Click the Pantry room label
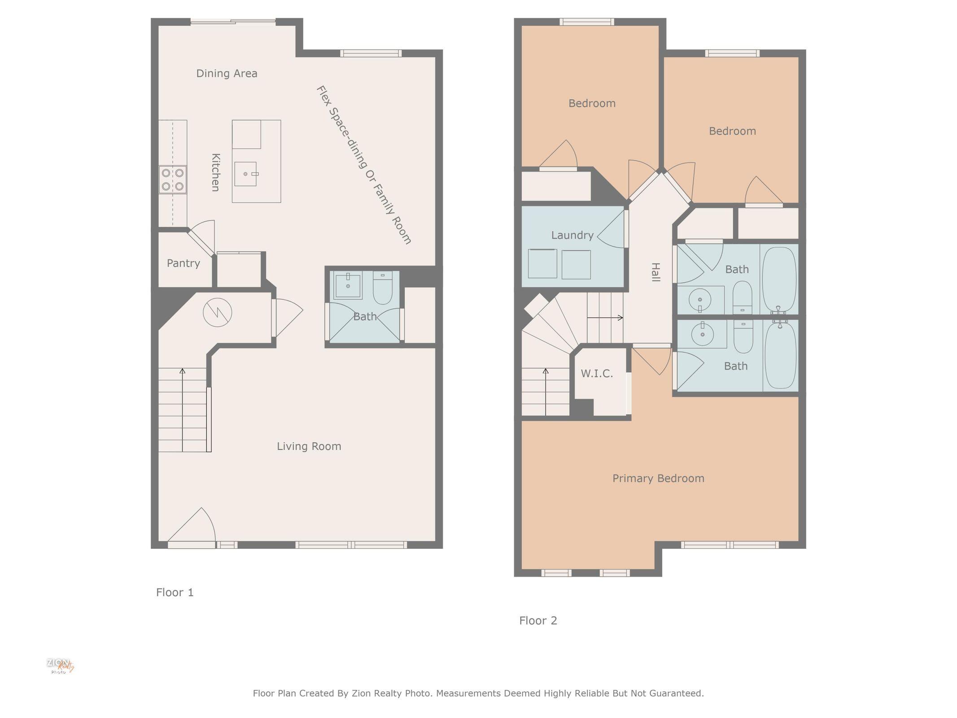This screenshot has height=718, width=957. (183, 263)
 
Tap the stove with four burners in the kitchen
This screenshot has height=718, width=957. (173, 179)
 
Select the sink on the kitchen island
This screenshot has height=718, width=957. (245, 174)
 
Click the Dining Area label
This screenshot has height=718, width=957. (227, 74)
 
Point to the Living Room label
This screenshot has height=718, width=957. (309, 447)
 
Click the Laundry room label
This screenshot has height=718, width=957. (572, 235)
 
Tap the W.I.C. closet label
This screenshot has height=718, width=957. (596, 374)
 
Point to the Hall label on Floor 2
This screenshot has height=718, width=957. (655, 272)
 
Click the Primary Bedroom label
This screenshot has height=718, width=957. (658, 478)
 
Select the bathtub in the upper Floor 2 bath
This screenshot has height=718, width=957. (779, 278)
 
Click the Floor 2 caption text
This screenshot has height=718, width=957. (538, 621)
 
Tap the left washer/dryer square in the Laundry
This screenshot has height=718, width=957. (542, 263)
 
